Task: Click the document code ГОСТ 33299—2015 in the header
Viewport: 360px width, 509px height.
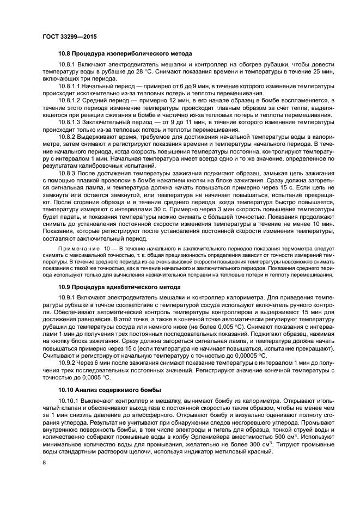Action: [66, 36]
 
